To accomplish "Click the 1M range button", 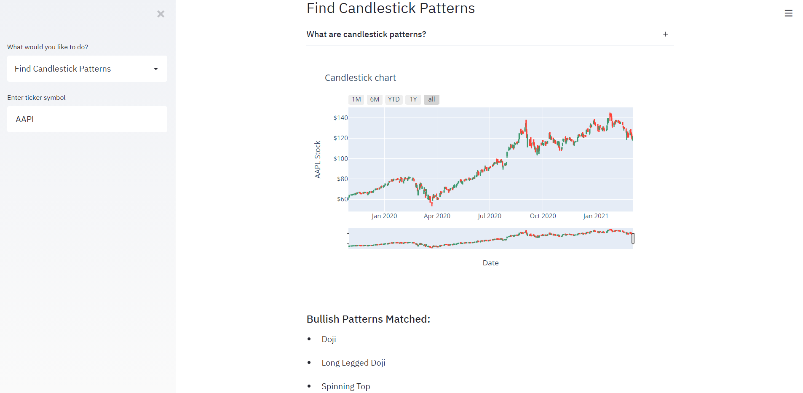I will coord(356,99).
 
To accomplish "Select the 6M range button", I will coord(375,99).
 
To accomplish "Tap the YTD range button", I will coord(394,99).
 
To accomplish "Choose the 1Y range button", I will coord(413,99).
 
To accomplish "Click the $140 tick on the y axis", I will coord(340,118).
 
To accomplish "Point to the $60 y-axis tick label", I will coord(342,199).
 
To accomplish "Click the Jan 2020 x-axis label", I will coord(384,216).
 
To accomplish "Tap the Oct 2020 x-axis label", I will coord(543,216).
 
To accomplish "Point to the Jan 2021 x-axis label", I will coord(595,216).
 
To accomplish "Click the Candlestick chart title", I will coord(360,78).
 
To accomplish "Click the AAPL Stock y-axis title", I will coord(318,159).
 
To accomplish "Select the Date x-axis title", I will coord(490,263).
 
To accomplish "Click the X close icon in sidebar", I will coord(161,14).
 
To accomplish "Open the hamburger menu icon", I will coord(788,13).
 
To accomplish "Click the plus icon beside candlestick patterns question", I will coord(666,34).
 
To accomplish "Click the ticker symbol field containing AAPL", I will coord(87,119).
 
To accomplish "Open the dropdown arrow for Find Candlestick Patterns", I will coord(156,69).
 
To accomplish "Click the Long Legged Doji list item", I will coord(353,363).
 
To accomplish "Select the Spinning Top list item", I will coord(345,386).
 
